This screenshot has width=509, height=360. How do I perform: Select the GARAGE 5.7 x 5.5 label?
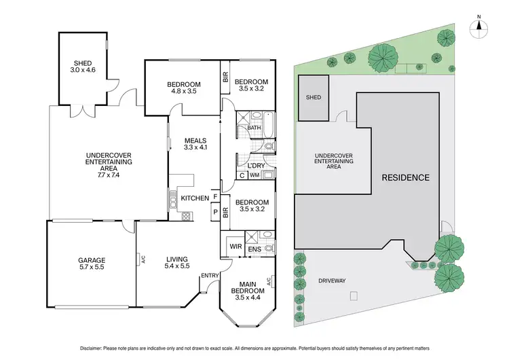point(90,264)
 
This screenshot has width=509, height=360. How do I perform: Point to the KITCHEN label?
point(195,198)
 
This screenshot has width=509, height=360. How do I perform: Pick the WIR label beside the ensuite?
point(235,246)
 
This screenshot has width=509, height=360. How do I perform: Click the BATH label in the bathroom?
point(254,128)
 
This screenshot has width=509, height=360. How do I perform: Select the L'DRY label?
point(256,165)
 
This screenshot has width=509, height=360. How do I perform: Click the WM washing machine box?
point(255,175)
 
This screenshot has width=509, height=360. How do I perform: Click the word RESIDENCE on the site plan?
point(405,178)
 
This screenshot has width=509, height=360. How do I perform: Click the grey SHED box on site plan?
point(314,98)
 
